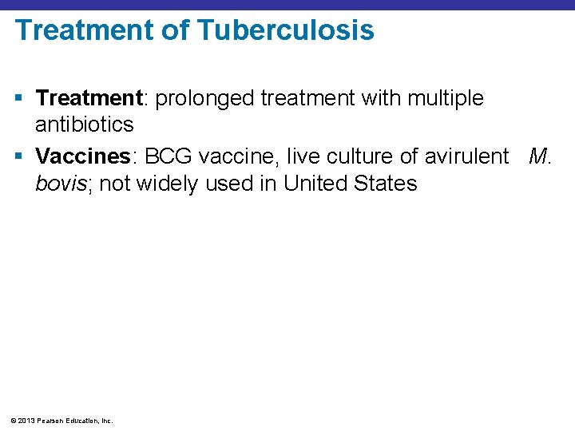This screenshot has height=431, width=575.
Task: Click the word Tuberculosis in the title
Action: pyautogui.click(x=285, y=30)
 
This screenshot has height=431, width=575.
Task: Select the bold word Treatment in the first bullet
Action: pyautogui.click(x=89, y=98)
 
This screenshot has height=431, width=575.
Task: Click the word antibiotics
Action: pyautogui.click(x=84, y=125)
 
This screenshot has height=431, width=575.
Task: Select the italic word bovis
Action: pyautogui.click(x=61, y=184)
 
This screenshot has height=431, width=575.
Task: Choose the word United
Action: pyautogui.click(x=319, y=184)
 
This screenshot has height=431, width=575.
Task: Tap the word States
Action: pyautogui.click(x=388, y=184)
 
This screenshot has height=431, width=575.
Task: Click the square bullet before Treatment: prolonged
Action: pyautogui.click(x=19, y=99)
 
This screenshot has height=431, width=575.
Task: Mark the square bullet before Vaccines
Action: pyautogui.click(x=19, y=157)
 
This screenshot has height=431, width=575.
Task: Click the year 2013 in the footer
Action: pyautogui.click(x=26, y=420)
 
